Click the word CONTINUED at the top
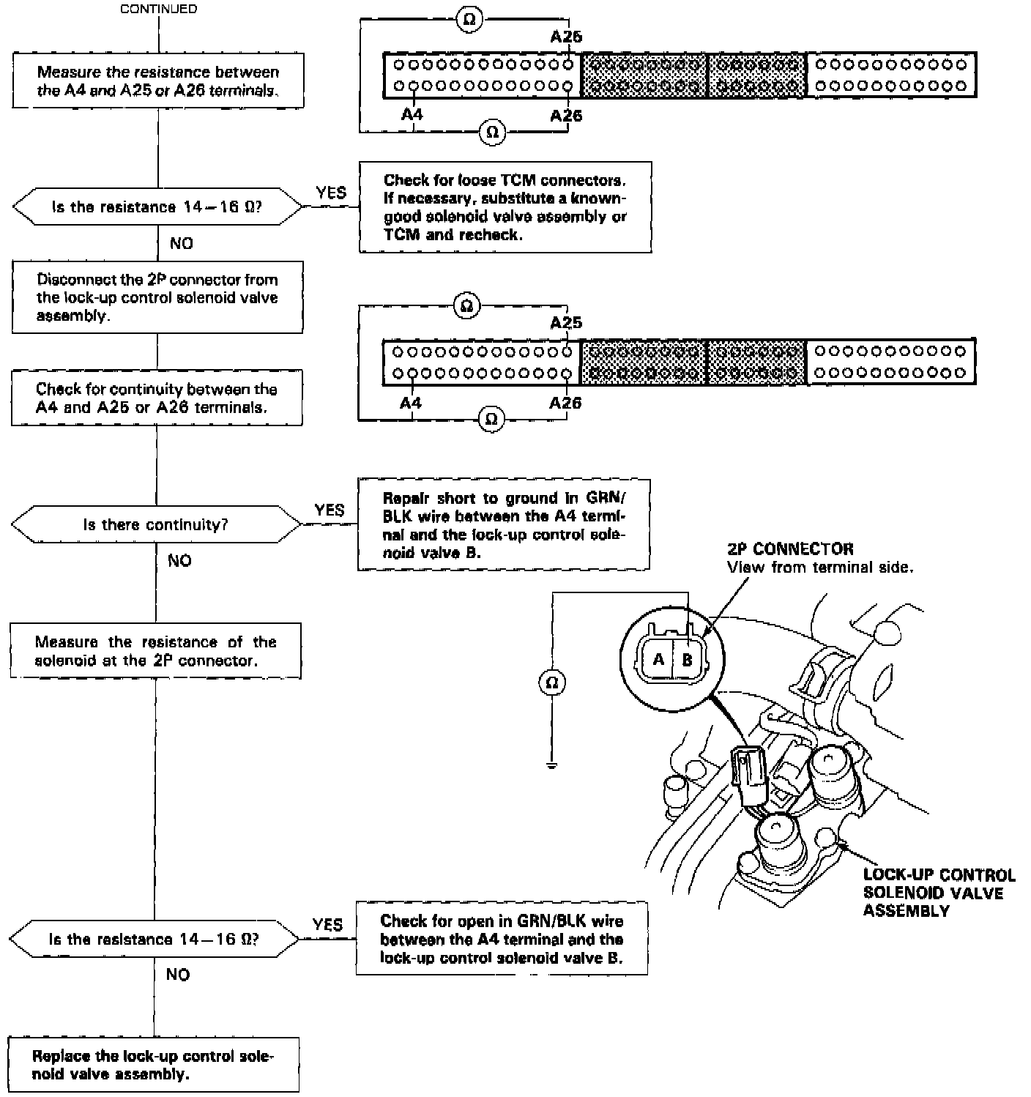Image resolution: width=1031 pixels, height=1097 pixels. pyautogui.click(x=158, y=10)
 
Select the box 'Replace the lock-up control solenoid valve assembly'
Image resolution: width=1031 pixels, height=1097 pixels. pyautogui.click(x=154, y=1065)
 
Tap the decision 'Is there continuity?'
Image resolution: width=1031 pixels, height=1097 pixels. pyautogui.click(x=156, y=525)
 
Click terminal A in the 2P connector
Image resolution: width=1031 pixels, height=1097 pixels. pyautogui.click(x=658, y=660)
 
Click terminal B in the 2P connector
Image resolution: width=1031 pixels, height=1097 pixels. pyautogui.click(x=687, y=660)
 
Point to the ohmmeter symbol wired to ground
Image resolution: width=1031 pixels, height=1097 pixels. pyautogui.click(x=552, y=683)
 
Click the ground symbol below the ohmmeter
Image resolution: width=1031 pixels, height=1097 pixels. pyautogui.click(x=552, y=766)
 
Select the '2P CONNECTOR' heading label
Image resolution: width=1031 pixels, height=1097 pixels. pyautogui.click(x=790, y=548)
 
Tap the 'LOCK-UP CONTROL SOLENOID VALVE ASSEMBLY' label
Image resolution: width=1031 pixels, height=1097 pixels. pyautogui.click(x=938, y=893)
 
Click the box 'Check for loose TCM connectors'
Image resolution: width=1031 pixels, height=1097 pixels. pyautogui.click(x=505, y=207)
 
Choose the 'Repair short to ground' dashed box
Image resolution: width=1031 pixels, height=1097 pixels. pyautogui.click(x=504, y=525)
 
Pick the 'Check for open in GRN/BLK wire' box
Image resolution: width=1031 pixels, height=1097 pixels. pyautogui.click(x=502, y=939)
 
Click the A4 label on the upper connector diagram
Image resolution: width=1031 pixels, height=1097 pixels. pyautogui.click(x=412, y=115)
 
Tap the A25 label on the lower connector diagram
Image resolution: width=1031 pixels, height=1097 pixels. pyautogui.click(x=566, y=323)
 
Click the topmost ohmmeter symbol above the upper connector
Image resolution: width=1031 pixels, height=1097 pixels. pyautogui.click(x=469, y=20)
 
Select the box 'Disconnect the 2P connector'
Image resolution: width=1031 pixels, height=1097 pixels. pyautogui.click(x=157, y=297)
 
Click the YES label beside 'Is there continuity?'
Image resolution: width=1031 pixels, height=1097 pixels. pyautogui.click(x=330, y=510)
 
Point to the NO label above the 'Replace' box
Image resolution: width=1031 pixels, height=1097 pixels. pyautogui.click(x=178, y=974)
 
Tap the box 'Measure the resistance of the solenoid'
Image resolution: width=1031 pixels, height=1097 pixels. pyautogui.click(x=155, y=651)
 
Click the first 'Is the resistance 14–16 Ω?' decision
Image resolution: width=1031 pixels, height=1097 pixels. pyautogui.click(x=157, y=207)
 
